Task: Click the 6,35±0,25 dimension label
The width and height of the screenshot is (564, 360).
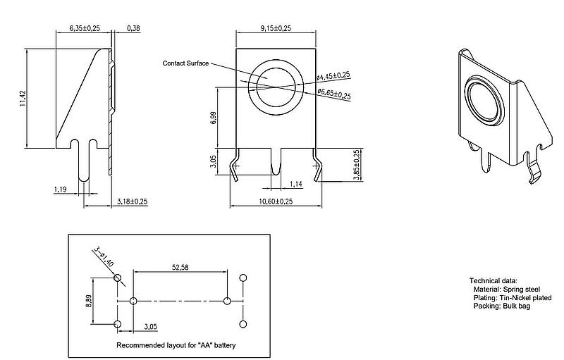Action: (x=85, y=27)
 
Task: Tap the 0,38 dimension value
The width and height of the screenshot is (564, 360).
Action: (x=134, y=27)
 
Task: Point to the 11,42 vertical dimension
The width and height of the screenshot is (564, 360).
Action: (x=23, y=99)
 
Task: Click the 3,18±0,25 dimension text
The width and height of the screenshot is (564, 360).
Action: (x=132, y=201)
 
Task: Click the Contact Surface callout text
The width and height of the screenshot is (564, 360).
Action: (x=185, y=63)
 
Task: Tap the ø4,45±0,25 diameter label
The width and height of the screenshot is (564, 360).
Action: (x=333, y=75)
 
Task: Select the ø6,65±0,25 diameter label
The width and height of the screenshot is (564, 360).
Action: (x=333, y=93)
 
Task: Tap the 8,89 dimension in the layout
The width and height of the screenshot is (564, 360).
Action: (x=90, y=301)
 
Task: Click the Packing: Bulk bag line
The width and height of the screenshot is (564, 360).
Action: (x=502, y=306)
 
